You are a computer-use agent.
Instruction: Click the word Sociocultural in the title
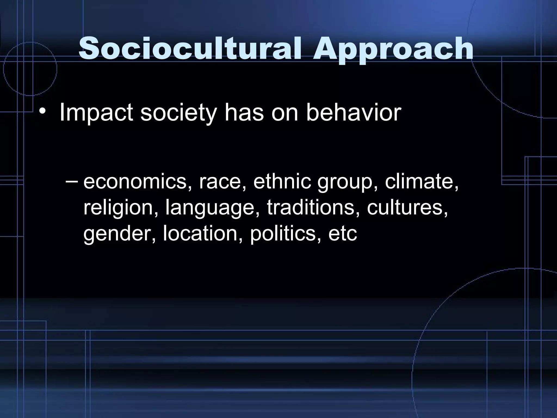(x=190, y=49)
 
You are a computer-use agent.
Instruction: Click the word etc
(x=342, y=233)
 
